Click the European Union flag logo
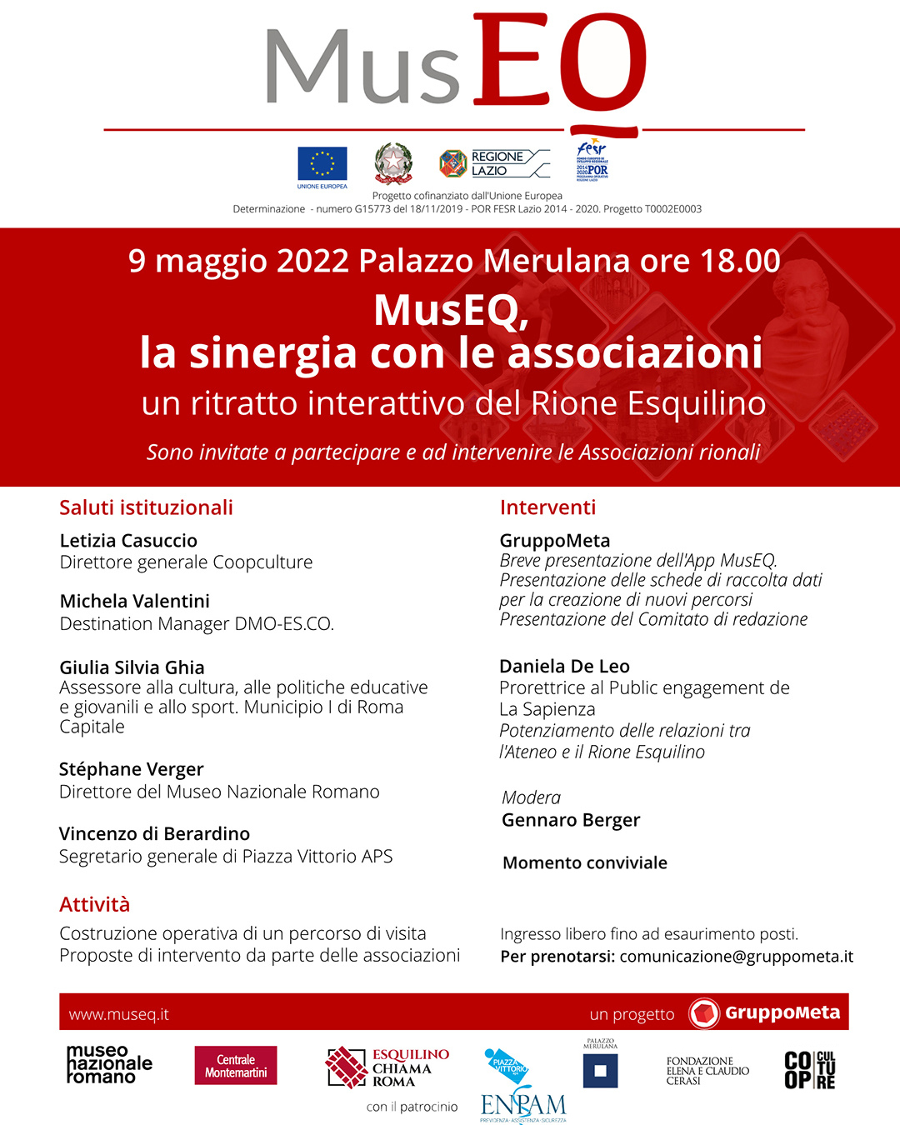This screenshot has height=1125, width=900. click(x=322, y=164)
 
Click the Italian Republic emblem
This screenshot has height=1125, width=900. click(x=393, y=162)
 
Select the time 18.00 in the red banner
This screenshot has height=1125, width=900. click(x=739, y=261)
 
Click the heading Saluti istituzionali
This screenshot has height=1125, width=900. click(x=146, y=507)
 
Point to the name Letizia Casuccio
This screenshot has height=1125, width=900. click(x=128, y=541)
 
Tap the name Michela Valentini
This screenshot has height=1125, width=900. click(x=134, y=601)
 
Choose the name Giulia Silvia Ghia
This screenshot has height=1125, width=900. click(x=132, y=667)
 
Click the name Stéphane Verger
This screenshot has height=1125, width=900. click(x=131, y=769)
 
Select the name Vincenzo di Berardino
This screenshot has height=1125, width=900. click(x=154, y=833)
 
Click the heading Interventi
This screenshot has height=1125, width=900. click(x=547, y=507)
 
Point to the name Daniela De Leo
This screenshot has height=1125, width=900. click(x=564, y=666)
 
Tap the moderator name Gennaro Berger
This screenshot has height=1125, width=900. click(x=571, y=820)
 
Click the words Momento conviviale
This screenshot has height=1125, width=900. click(x=584, y=862)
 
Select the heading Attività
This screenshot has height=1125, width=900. click(x=94, y=904)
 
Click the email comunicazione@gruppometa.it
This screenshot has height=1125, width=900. click(x=736, y=956)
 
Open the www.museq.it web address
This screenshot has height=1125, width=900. click(x=118, y=1014)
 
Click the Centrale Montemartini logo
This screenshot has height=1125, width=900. click(x=236, y=1066)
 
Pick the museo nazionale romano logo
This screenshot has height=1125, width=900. click(x=109, y=1064)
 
